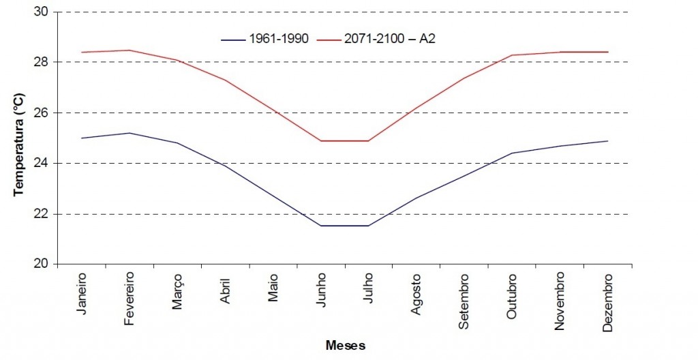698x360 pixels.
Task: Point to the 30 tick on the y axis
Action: click(45, 12)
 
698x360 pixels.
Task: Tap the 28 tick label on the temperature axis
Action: click(45, 62)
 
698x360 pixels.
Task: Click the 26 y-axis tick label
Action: click(45, 112)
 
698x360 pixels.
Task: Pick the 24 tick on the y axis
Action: click(45, 163)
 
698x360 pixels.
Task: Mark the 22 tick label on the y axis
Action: click(45, 214)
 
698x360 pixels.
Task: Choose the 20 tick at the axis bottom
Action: click(45, 265)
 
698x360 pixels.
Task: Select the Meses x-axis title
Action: click(345, 346)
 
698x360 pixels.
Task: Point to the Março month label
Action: click(177, 291)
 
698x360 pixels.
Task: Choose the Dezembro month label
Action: click(608, 303)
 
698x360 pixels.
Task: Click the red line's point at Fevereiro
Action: click(130, 50)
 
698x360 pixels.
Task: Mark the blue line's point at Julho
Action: click(369, 226)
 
